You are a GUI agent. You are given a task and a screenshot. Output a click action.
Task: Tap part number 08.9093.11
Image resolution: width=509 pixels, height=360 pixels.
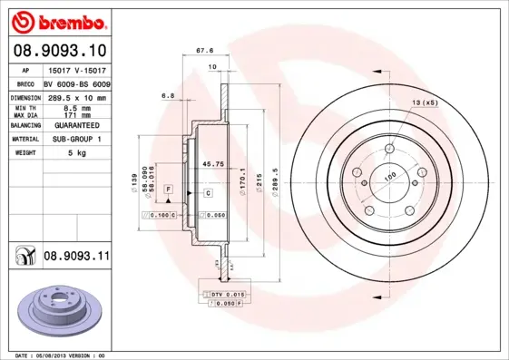[x=76, y=257]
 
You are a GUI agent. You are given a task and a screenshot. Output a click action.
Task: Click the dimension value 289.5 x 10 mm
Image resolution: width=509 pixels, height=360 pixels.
[x=76, y=97]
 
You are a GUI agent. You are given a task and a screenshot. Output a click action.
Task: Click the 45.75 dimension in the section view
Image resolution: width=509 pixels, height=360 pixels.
[x=213, y=164]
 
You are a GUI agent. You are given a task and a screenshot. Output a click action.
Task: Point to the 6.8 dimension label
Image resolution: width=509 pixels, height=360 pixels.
[x=167, y=94]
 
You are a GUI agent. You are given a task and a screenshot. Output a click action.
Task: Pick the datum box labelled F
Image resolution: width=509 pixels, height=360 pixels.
[x=168, y=187]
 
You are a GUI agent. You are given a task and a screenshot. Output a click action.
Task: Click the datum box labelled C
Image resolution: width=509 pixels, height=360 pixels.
[x=208, y=193]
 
